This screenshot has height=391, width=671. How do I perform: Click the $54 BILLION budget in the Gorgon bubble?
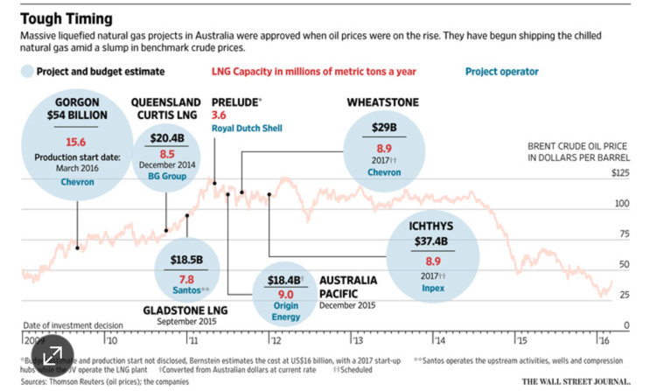pyautogui.click(x=77, y=115)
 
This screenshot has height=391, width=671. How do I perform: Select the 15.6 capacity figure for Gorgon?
pyautogui.click(x=77, y=142)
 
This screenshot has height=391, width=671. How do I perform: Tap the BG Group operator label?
pyautogui.click(x=166, y=177)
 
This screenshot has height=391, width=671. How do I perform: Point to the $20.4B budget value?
pyautogui.click(x=166, y=137)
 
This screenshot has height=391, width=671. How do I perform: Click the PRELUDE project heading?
pyautogui.click(x=236, y=102)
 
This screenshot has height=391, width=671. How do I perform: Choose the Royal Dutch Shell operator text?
pyautogui.click(x=247, y=129)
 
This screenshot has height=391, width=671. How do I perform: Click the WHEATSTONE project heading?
pyautogui.click(x=382, y=102)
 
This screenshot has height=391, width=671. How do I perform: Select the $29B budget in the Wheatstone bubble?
pyautogui.click(x=384, y=128)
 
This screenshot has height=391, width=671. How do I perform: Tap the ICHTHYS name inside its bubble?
pyautogui.click(x=432, y=226)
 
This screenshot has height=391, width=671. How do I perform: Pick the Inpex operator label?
pyautogui.click(x=432, y=287)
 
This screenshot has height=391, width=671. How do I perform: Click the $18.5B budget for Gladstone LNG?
pyautogui.click(x=186, y=260)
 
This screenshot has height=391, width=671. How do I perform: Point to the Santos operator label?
pyautogui.click(x=185, y=289)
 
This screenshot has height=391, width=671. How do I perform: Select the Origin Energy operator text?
pyautogui.click(x=285, y=311)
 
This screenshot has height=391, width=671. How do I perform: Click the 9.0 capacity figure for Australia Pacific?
pyautogui.click(x=285, y=295)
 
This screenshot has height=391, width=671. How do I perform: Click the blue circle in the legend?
pyautogui.click(x=28, y=72)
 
